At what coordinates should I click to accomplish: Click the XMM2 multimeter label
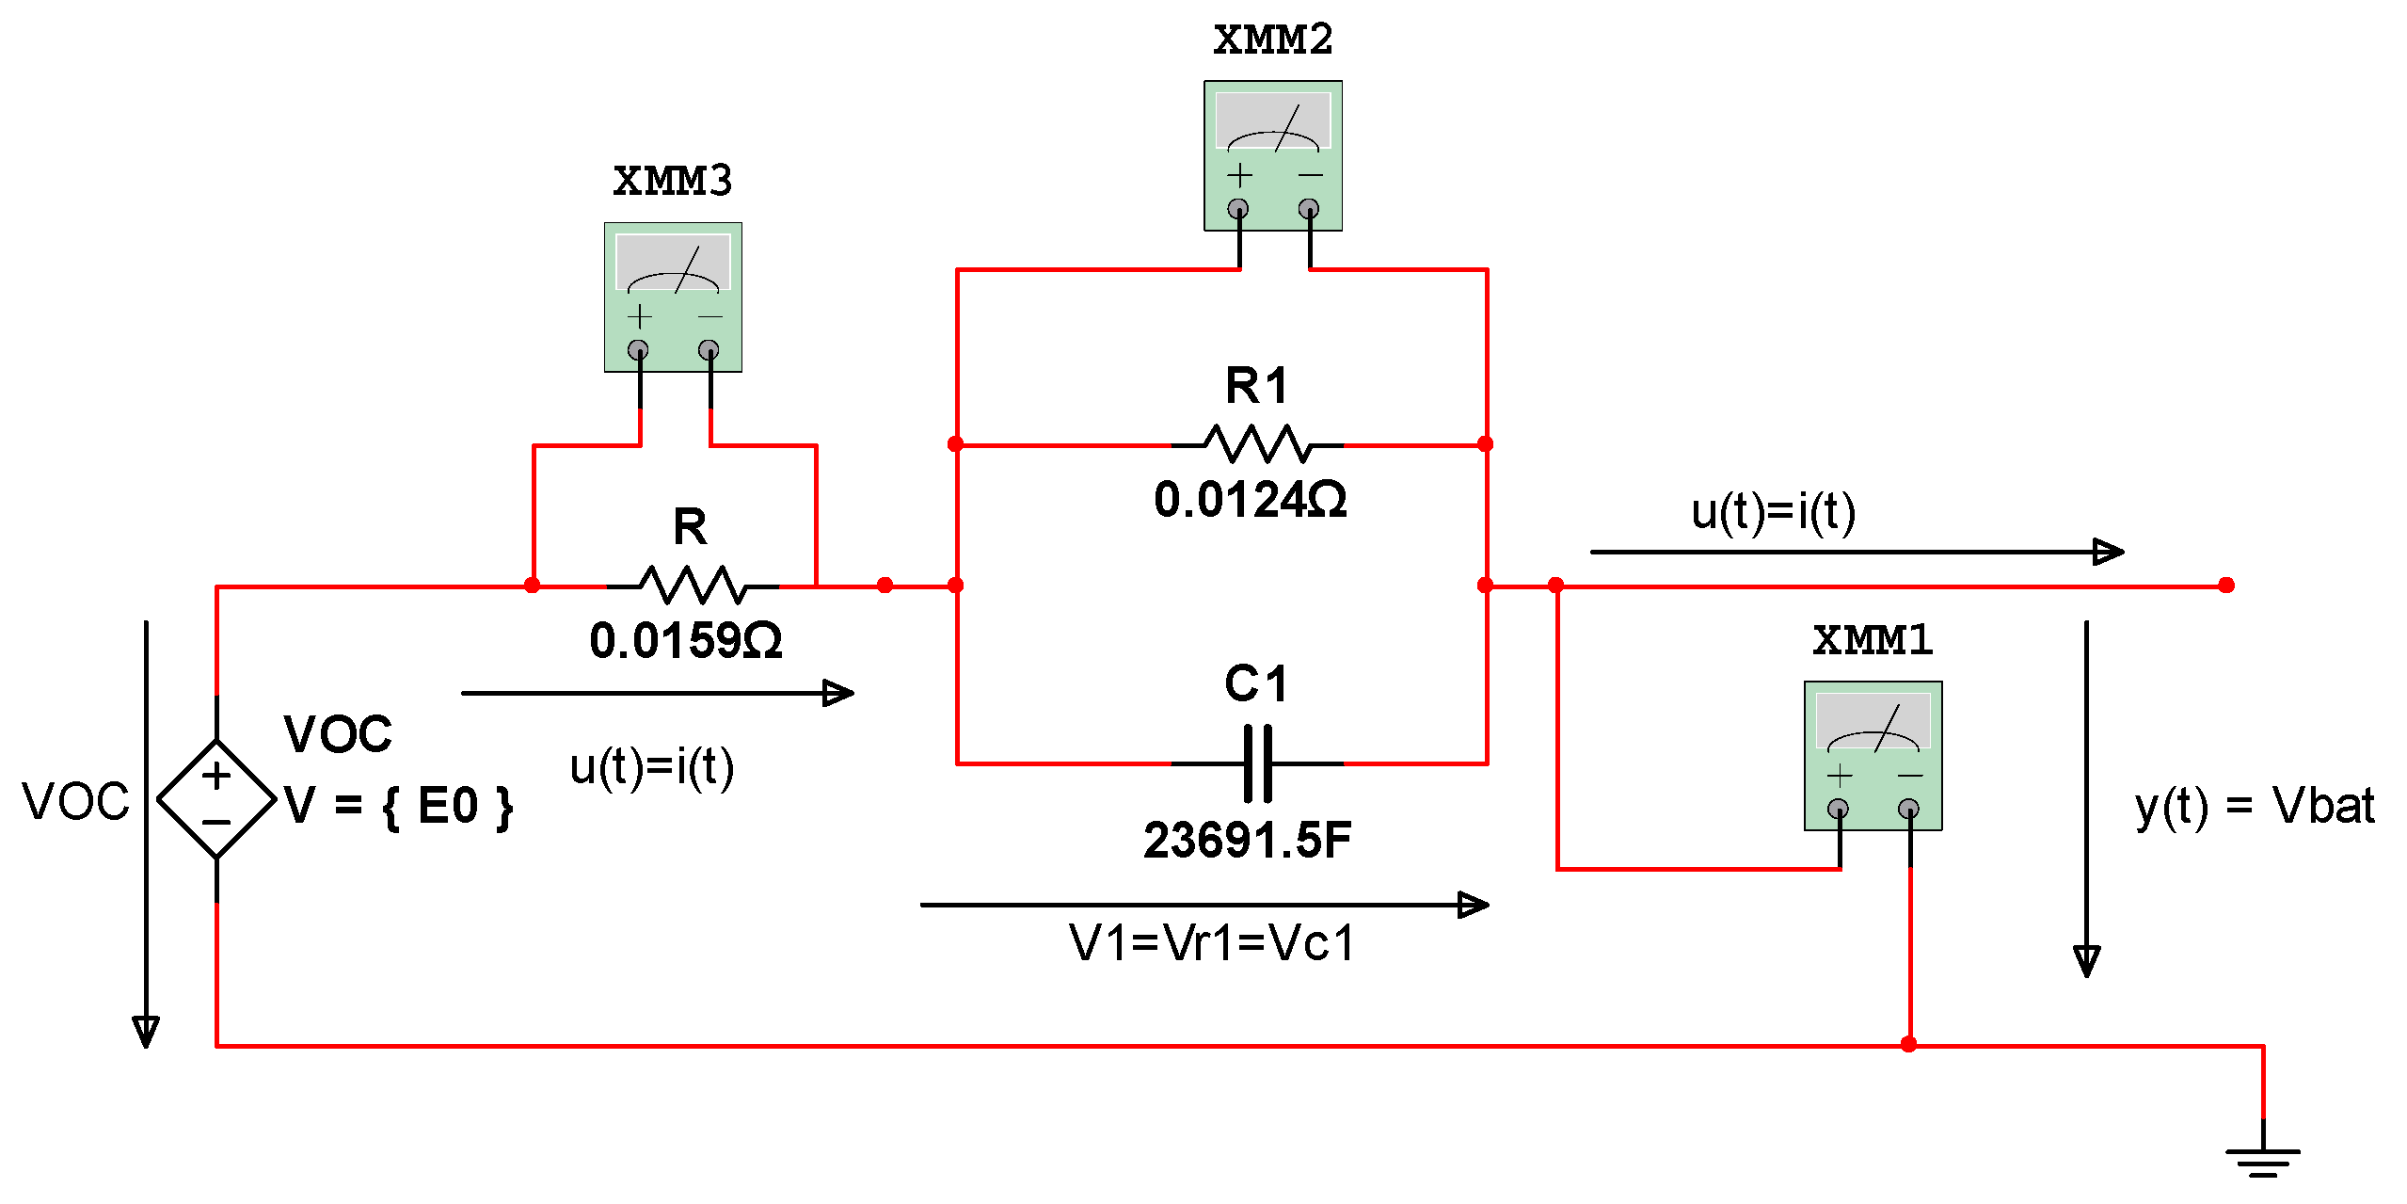1272,40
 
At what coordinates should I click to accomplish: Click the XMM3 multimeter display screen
673,263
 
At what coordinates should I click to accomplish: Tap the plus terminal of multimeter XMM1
1838,808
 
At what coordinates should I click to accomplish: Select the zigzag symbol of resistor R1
1257,444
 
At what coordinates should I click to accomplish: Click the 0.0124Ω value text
1251,500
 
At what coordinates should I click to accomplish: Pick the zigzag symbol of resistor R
693,586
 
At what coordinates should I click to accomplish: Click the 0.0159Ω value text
686,641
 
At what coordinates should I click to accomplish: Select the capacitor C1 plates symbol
1257,763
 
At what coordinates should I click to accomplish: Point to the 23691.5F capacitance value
1247,840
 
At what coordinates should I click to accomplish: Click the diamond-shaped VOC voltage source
216,799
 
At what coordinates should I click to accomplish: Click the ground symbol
2262,1160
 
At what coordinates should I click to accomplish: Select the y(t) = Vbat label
2254,806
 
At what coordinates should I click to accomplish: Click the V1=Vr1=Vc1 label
1212,943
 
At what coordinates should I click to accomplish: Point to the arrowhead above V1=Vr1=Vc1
1473,905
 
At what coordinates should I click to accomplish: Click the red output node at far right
2225,586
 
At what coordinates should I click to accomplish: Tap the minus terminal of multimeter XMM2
1308,208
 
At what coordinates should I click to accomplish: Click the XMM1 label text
1872,640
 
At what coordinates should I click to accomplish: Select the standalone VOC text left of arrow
75,802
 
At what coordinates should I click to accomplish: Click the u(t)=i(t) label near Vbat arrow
1773,513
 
